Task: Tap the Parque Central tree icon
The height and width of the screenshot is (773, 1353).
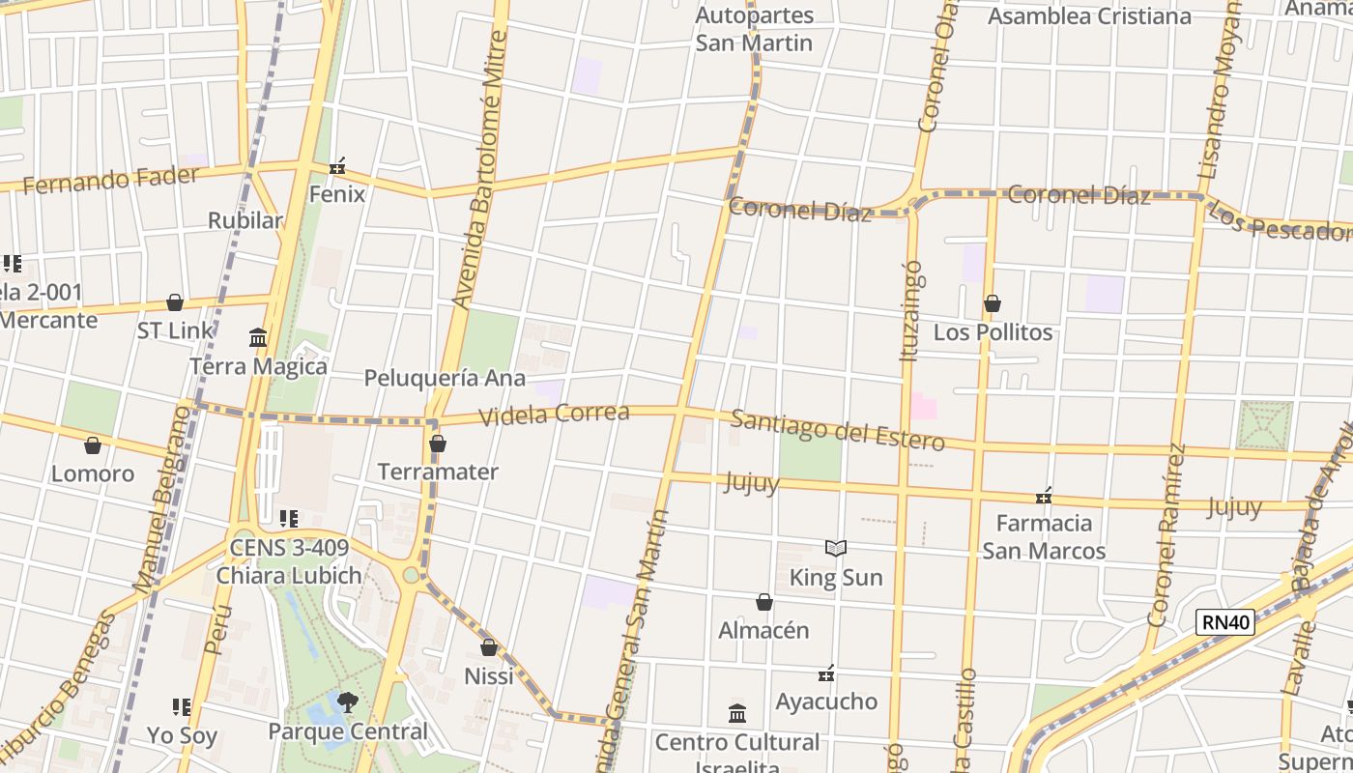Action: click(347, 702)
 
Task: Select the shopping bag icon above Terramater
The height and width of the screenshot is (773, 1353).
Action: click(438, 444)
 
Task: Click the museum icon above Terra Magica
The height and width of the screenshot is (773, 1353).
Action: click(258, 338)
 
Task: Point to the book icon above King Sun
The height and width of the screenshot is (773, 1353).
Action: click(836, 549)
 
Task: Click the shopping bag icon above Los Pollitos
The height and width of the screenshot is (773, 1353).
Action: click(992, 304)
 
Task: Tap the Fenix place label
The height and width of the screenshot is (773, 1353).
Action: click(336, 194)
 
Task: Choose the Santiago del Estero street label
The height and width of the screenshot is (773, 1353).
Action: click(837, 431)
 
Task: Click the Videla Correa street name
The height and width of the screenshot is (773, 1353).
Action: click(555, 415)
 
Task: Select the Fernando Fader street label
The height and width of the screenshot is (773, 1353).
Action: click(110, 180)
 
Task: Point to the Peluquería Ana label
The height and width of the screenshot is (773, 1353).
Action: click(445, 378)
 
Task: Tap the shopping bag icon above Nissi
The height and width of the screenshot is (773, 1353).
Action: click(489, 647)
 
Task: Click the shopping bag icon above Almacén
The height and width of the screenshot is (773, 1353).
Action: click(763, 603)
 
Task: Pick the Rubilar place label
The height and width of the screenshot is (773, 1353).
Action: click(245, 220)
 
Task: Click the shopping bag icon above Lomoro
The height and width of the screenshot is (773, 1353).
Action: click(93, 445)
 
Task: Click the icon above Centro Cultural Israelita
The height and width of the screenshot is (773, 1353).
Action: click(737, 714)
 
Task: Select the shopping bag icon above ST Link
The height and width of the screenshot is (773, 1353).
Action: click(175, 303)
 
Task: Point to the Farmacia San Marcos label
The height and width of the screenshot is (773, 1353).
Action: click(1044, 537)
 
